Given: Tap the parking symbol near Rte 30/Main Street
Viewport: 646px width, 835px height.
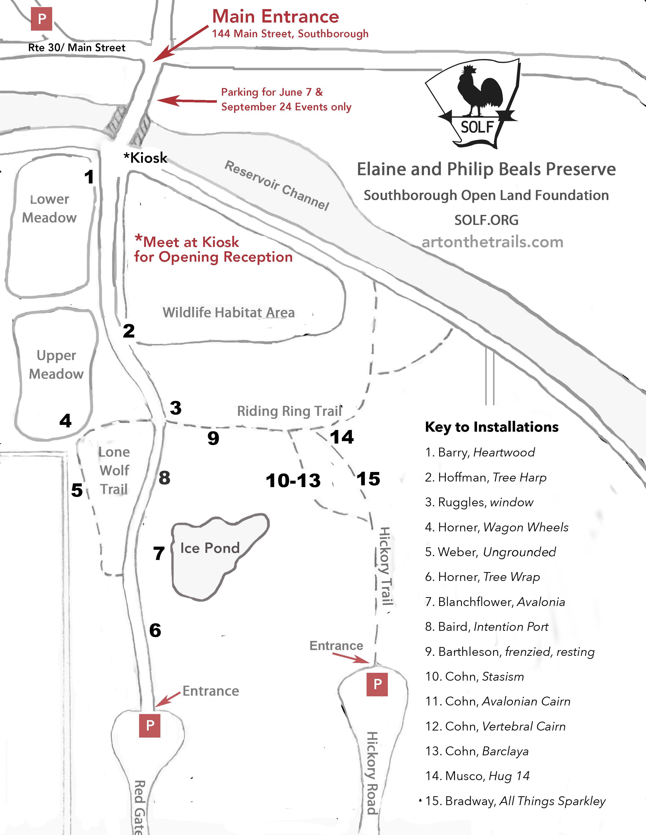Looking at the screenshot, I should [x=41, y=19].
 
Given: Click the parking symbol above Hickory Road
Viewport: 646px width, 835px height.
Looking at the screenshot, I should [x=377, y=684].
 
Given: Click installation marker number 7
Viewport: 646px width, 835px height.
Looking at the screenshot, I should [x=159, y=553].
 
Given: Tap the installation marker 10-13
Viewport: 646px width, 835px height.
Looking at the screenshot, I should [x=293, y=481].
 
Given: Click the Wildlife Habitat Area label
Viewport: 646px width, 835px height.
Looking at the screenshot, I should [x=229, y=312].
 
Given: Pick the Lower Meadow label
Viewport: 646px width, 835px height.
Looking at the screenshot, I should [x=49, y=208].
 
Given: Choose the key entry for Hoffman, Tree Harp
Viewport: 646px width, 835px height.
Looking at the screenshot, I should [x=485, y=477].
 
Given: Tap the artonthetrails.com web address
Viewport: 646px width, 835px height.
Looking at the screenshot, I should [x=492, y=242].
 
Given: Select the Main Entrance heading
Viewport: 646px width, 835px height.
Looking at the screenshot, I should [x=276, y=16].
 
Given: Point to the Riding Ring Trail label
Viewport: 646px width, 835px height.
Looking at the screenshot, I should [x=289, y=411].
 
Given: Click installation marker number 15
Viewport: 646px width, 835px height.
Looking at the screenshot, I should [x=368, y=479].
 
